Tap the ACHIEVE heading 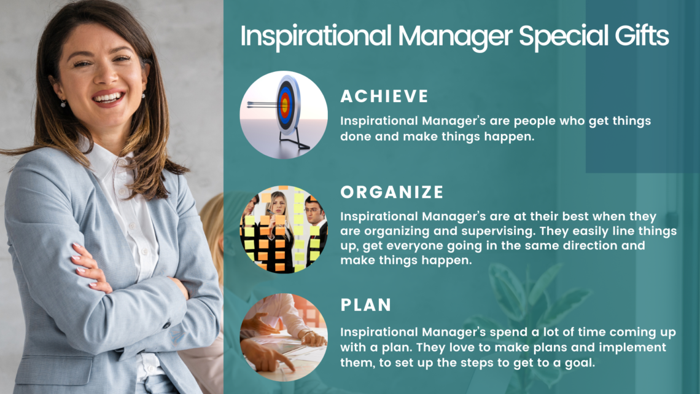click(x=384, y=96)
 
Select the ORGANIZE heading click(x=392, y=192)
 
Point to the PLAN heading click(x=366, y=305)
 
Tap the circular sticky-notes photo click(x=284, y=230)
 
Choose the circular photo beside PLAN click(x=284, y=337)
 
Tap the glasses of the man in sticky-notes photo click(x=314, y=208)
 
